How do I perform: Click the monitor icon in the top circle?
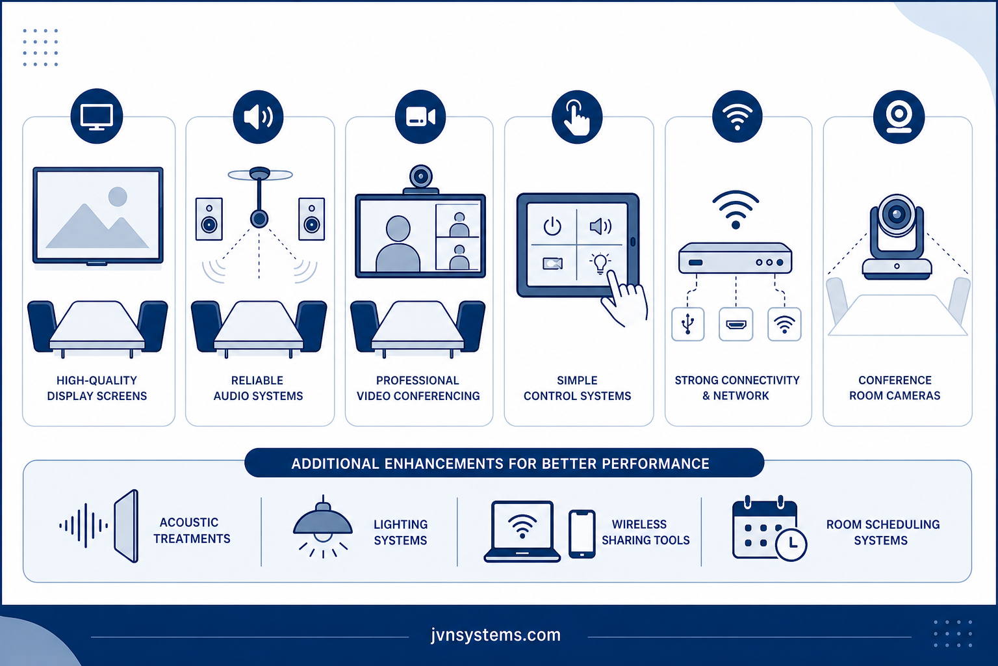point(96,117)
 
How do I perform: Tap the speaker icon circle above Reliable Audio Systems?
point(258,117)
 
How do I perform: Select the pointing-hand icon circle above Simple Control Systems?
point(577,117)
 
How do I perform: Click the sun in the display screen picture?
point(118,196)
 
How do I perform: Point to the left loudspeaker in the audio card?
point(209,219)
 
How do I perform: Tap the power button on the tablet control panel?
point(552,226)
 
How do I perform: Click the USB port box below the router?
point(688,325)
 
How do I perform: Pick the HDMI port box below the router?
point(736,325)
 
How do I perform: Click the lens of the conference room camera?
point(897,215)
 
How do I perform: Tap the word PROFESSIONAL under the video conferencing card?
point(418,380)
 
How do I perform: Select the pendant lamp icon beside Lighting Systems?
point(323,526)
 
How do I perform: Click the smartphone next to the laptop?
point(582,534)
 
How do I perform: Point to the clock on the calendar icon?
point(791,544)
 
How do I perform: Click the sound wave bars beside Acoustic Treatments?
point(84,526)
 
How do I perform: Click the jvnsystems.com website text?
point(496,635)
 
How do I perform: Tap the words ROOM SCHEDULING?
point(883,524)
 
